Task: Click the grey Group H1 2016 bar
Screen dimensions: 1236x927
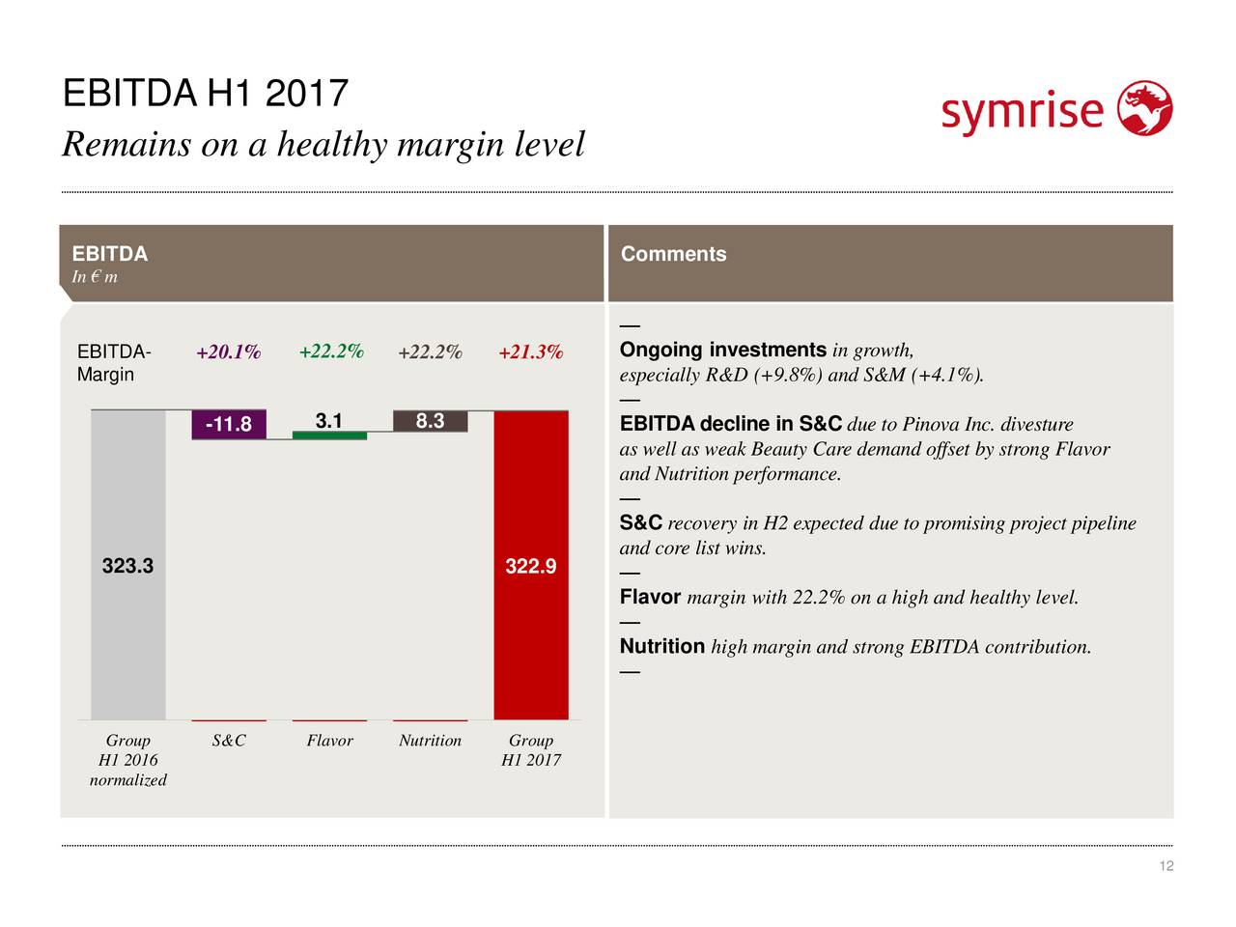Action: (x=128, y=565)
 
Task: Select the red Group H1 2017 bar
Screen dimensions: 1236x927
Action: (x=531, y=565)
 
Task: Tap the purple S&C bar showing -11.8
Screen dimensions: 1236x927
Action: (x=229, y=424)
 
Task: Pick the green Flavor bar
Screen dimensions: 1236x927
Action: (x=329, y=435)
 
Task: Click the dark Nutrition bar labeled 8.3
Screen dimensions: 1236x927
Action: (x=431, y=421)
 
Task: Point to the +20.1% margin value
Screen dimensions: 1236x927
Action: (x=229, y=351)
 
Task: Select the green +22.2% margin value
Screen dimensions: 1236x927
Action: (x=331, y=351)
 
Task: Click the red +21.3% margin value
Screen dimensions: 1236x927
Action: (x=531, y=351)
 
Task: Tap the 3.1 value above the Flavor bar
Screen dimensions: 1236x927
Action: (x=329, y=420)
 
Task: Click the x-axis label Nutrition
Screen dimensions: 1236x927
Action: (x=431, y=740)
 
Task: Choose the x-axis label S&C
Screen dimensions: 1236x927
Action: (x=229, y=740)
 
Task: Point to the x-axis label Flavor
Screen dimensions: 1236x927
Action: (x=329, y=740)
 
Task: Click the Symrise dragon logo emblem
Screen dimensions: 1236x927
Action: (x=1145, y=108)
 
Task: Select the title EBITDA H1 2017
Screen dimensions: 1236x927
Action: (x=206, y=93)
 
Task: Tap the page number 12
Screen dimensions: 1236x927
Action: (x=1166, y=865)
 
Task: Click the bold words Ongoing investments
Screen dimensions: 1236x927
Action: (x=723, y=350)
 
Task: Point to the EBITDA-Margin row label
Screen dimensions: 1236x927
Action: (x=114, y=363)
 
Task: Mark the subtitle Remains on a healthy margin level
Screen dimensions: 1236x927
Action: (x=323, y=145)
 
